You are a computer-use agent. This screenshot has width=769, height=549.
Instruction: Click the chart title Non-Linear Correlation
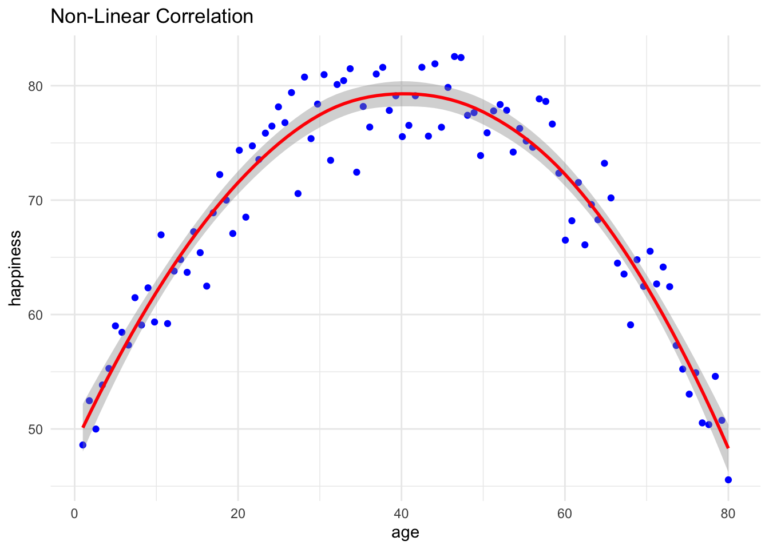click(x=152, y=16)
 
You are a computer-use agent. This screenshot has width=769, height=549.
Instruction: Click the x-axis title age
click(x=405, y=532)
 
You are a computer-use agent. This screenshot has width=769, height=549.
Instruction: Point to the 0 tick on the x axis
click(x=74, y=512)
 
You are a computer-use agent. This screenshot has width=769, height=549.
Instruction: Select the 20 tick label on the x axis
click(x=237, y=512)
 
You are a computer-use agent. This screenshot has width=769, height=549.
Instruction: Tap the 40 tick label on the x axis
click(x=401, y=512)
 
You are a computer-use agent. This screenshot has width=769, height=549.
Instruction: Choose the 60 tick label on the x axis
click(x=565, y=512)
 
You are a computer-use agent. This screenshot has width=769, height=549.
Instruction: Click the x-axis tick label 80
click(x=728, y=512)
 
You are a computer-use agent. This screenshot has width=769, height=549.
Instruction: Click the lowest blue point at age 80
click(x=728, y=480)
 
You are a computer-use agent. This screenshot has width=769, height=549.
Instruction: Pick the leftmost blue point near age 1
click(x=83, y=445)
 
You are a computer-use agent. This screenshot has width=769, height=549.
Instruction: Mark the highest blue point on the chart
click(x=454, y=57)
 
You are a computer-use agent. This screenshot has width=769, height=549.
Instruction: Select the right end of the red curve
click(x=728, y=447)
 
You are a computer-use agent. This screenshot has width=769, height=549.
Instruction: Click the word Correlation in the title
click(x=204, y=16)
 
